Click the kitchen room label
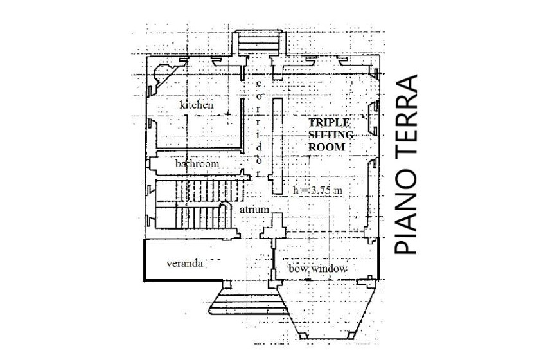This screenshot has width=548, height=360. pyautogui.click(x=197, y=105)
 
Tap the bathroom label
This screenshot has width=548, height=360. pyautogui.click(x=197, y=163)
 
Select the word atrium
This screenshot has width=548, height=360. pyautogui.click(x=254, y=210)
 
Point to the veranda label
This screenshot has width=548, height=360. pyautogui.click(x=184, y=263)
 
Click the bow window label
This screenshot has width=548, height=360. pyautogui.click(x=318, y=269)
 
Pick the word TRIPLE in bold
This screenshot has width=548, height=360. pyautogui.click(x=329, y=123)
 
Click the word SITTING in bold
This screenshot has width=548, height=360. pyautogui.click(x=331, y=135)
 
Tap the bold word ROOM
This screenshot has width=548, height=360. pyautogui.click(x=326, y=147)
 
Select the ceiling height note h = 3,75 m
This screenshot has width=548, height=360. pyautogui.click(x=317, y=190)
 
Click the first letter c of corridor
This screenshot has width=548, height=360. pyautogui.click(x=259, y=84)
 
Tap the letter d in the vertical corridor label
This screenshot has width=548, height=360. pyautogui.click(x=259, y=147)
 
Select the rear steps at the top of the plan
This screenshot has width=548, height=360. pyautogui.click(x=259, y=42)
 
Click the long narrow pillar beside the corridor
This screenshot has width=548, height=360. pyautogui.click(x=278, y=146)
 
